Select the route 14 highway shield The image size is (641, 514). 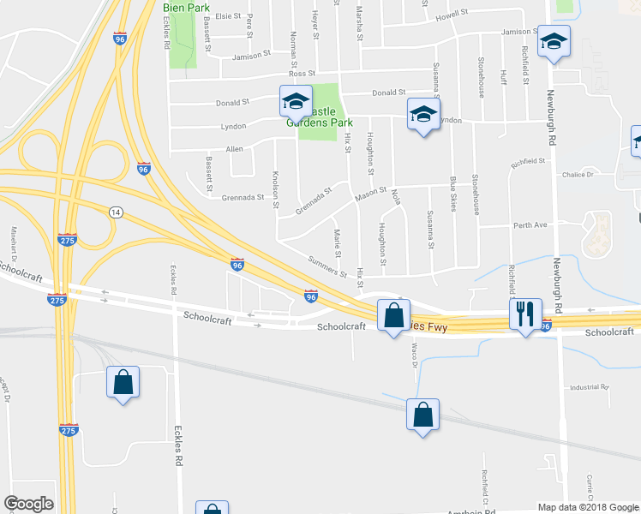[114, 211]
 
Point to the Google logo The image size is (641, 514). [28, 504]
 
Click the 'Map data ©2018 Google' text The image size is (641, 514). [589, 507]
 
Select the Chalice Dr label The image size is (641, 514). [578, 175]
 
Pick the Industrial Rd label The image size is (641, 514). [588, 387]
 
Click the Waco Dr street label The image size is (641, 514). [414, 354]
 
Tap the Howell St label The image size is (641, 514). [452, 15]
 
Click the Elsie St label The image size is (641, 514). [228, 15]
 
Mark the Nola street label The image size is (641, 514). [396, 197]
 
